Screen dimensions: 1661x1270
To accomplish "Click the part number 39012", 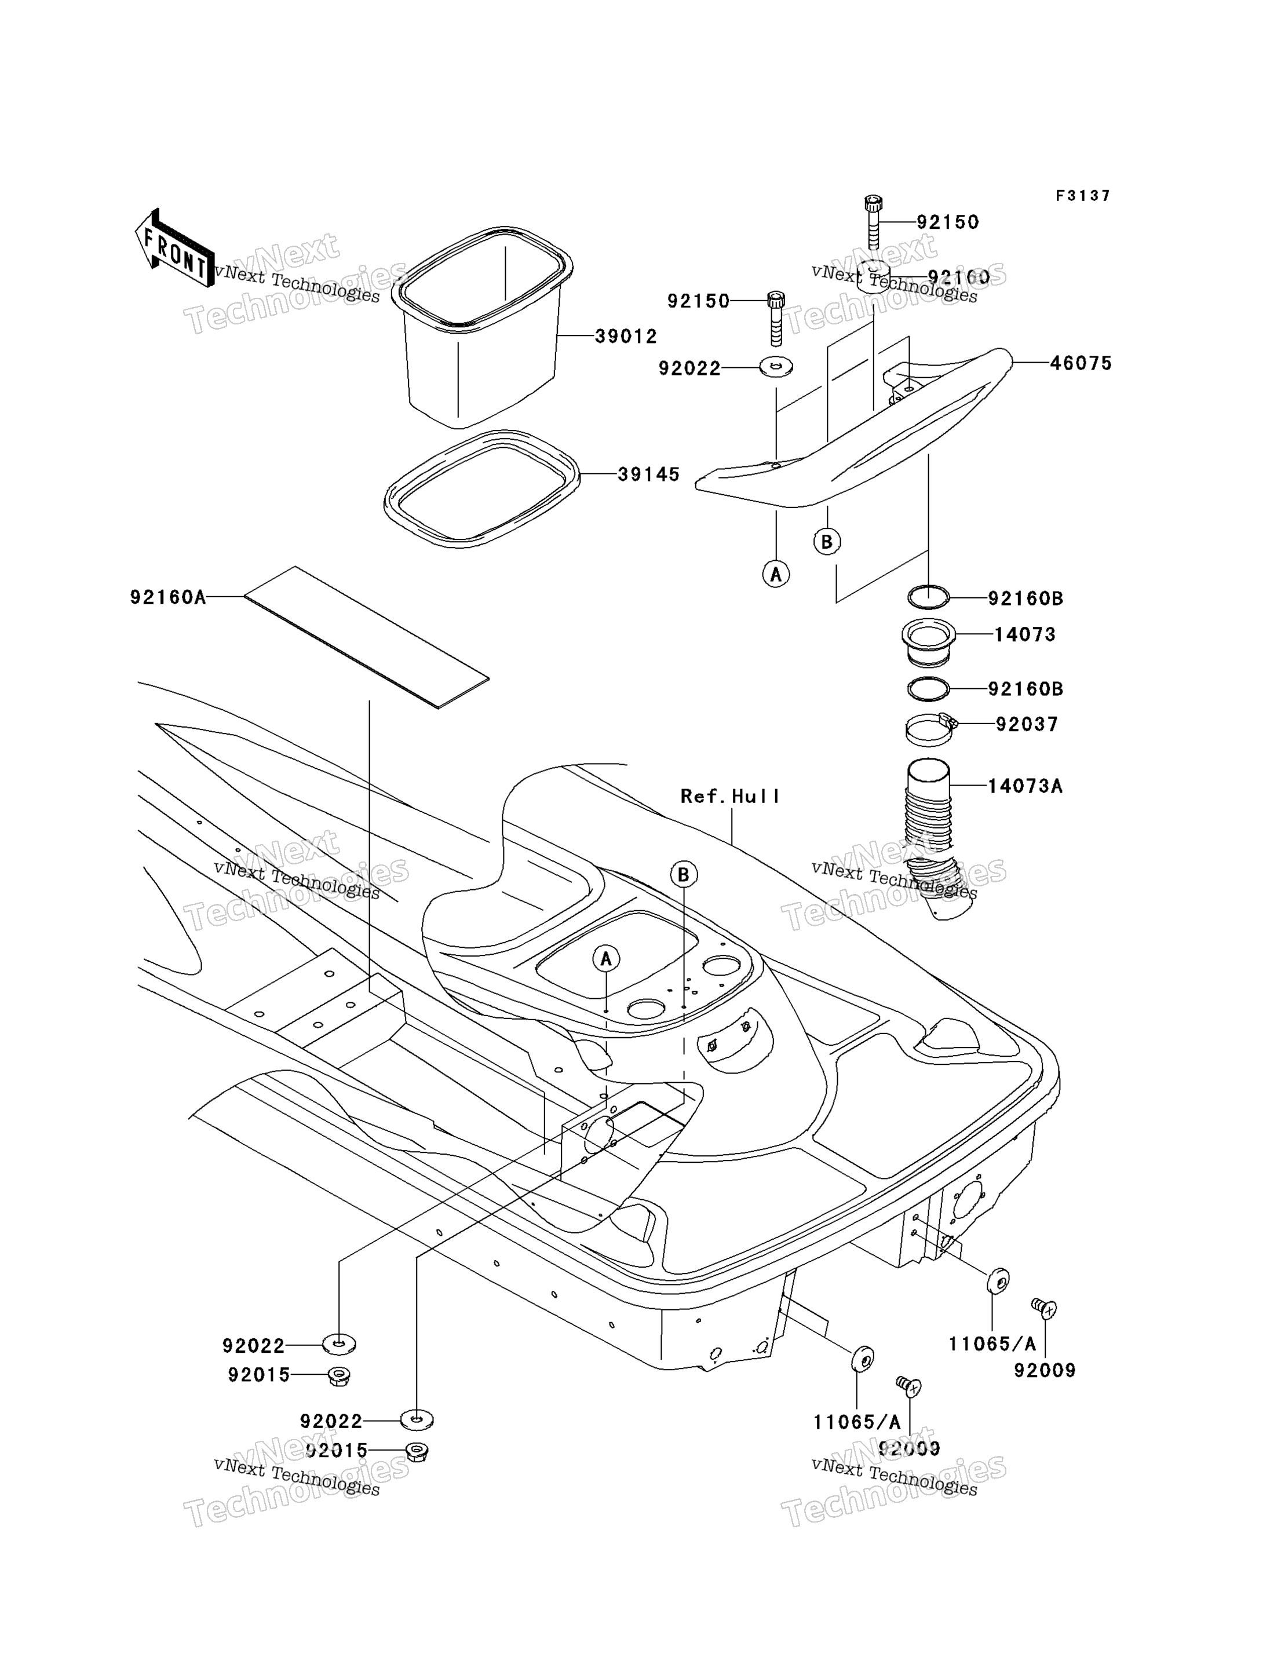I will coord(625,337).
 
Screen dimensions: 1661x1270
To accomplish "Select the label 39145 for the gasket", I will coord(648,475).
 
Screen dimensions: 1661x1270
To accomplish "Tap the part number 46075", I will coord(1081,364).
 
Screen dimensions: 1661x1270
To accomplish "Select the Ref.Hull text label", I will coord(729,796).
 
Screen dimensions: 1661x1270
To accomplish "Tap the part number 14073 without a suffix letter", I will coord(1024,635).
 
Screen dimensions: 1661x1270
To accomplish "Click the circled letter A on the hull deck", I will coord(605,959).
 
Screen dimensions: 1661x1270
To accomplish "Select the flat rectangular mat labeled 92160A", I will coord(366,637).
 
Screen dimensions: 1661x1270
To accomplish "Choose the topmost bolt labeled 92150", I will coord(873,222).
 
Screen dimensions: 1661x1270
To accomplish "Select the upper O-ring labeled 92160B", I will coord(928,597).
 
